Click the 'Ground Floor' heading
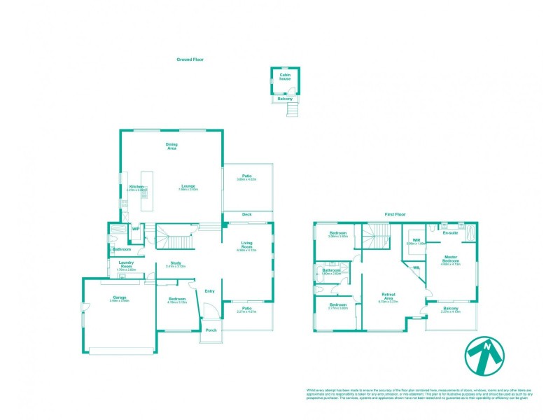(x=189, y=60)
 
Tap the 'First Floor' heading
(x=395, y=214)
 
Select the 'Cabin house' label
(x=285, y=77)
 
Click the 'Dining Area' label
(x=171, y=146)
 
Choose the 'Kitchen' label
(x=136, y=186)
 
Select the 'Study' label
(x=176, y=264)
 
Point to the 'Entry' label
(x=209, y=291)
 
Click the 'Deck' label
(x=246, y=214)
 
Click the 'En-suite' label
(x=449, y=232)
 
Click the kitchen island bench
(x=146, y=190)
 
